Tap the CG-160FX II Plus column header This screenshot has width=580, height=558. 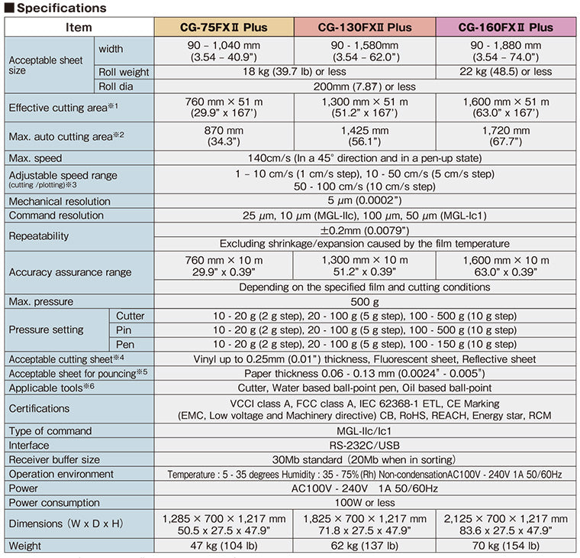pyautogui.click(x=505, y=28)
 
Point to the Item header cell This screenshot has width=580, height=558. pyautogui.click(x=79, y=28)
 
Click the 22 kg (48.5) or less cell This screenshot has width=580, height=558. pyautogui.click(x=505, y=72)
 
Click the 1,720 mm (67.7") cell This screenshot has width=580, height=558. pyautogui.click(x=505, y=137)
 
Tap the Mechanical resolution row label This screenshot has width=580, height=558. pyautogui.click(x=60, y=202)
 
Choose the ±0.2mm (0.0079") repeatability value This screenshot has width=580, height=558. pyautogui.click(x=364, y=230)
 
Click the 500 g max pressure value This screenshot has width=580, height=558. pyautogui.click(x=364, y=302)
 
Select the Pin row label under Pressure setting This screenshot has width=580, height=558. pyautogui.click(x=125, y=330)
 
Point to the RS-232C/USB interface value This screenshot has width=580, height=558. pyautogui.click(x=364, y=445)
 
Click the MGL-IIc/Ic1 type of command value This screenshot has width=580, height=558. pyautogui.click(x=364, y=431)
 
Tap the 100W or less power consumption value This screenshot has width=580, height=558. pyautogui.click(x=364, y=503)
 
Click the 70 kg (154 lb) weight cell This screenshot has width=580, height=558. pyautogui.click(x=505, y=546)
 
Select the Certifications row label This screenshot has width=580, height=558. pyautogui.click(x=39, y=409)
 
